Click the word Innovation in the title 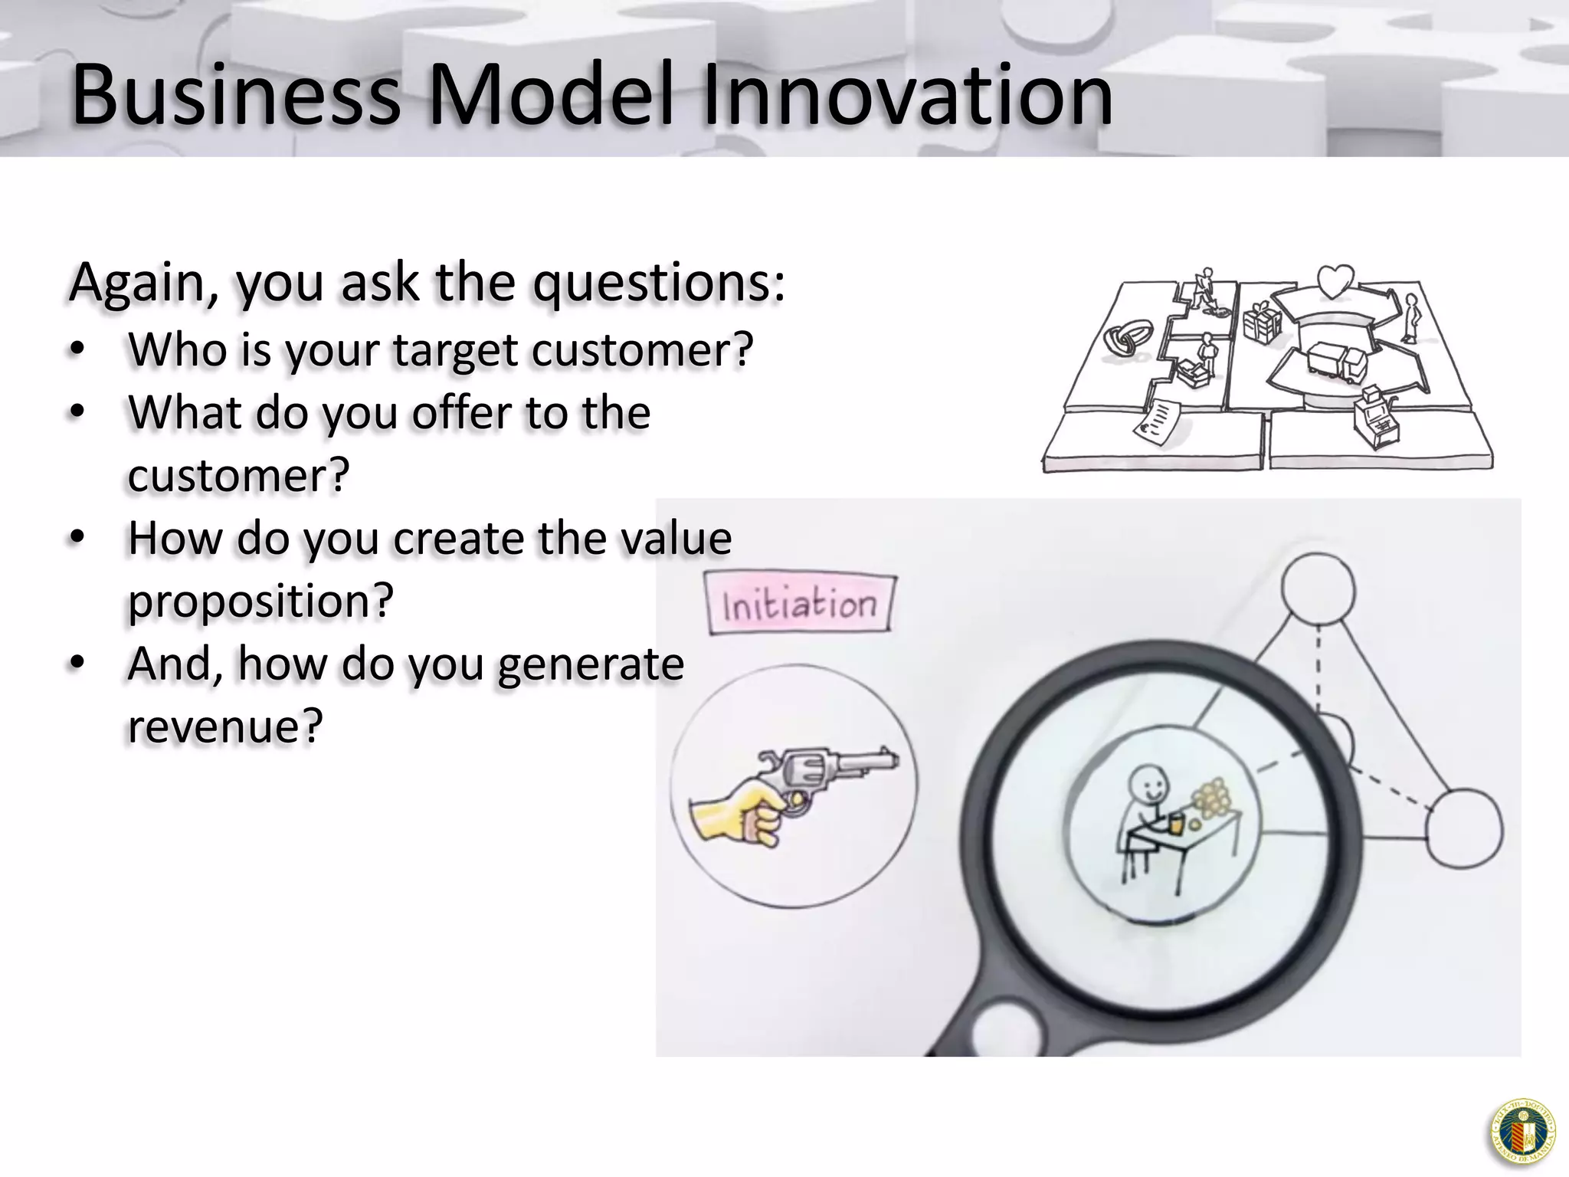coord(907,95)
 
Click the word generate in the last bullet coord(590,664)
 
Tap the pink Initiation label coord(800,605)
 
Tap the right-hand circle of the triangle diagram coord(1464,830)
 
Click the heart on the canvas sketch coord(1335,281)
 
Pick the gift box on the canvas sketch coord(1261,322)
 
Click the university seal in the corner coord(1523,1131)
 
